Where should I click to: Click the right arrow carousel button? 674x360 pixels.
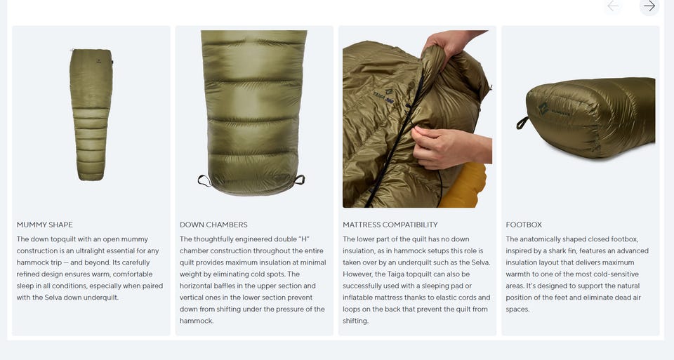tap(649, 6)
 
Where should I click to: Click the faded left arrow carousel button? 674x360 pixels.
tap(613, 6)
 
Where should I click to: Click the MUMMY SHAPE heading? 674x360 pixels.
tap(45, 225)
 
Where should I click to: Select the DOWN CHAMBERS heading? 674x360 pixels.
tap(213, 225)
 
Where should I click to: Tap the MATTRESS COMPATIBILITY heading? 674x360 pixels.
tap(390, 225)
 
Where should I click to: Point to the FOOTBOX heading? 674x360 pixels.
tap(524, 225)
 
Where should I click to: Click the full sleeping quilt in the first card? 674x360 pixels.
tap(91, 114)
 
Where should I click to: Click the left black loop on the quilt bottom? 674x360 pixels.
tap(204, 181)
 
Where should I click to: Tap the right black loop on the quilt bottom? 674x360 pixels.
tap(300, 180)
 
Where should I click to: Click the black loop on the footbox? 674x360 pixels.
tap(522, 123)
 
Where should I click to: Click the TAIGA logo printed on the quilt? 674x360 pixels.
tap(384, 97)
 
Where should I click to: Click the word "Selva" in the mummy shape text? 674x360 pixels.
tap(53, 298)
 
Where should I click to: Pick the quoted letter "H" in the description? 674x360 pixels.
tap(304, 239)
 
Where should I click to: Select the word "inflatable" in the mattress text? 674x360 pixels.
tap(359, 298)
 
